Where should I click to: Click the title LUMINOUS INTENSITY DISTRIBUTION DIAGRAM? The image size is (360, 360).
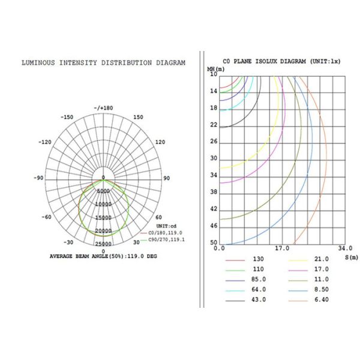point(103,62)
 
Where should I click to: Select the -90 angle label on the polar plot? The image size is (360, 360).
point(39,178)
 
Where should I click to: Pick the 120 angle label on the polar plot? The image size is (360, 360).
point(160,142)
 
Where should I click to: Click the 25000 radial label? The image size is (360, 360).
point(103,244)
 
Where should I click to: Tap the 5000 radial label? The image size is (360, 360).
point(103,191)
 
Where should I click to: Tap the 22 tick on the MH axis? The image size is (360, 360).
point(214,125)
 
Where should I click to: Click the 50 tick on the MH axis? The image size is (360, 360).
point(214,242)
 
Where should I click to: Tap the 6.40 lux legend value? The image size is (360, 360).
point(322,300)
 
